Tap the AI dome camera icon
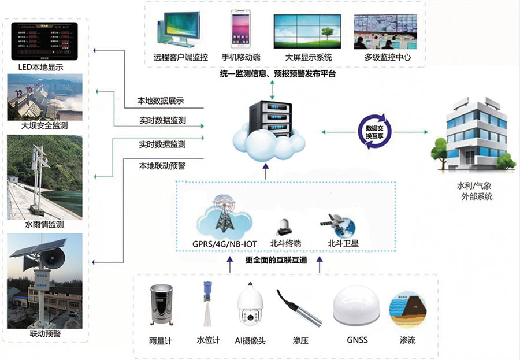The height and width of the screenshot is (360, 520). click(x=251, y=306)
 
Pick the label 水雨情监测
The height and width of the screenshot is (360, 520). click(x=44, y=224)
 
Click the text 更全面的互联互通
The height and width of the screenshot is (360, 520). click(x=276, y=259)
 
